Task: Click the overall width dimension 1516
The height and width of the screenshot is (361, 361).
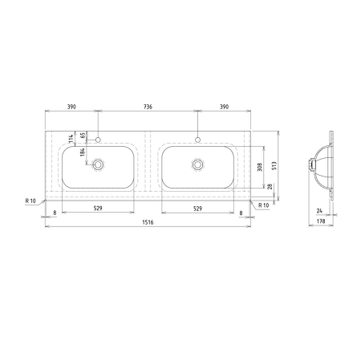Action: [x=148, y=222]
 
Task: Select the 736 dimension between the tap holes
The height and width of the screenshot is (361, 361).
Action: [x=148, y=107]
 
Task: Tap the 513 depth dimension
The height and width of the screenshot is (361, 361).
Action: [x=274, y=166]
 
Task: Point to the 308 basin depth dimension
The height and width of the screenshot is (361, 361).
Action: [x=259, y=167]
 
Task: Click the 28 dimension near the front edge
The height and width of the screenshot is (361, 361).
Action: [x=270, y=186]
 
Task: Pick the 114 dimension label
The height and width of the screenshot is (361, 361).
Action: [x=71, y=139]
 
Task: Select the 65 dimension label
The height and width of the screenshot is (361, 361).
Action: [x=83, y=135]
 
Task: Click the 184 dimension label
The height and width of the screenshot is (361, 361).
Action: [x=82, y=152]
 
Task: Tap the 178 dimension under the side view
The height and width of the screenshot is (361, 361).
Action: [x=321, y=221]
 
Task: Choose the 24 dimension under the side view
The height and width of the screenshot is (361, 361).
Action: [x=319, y=211]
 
